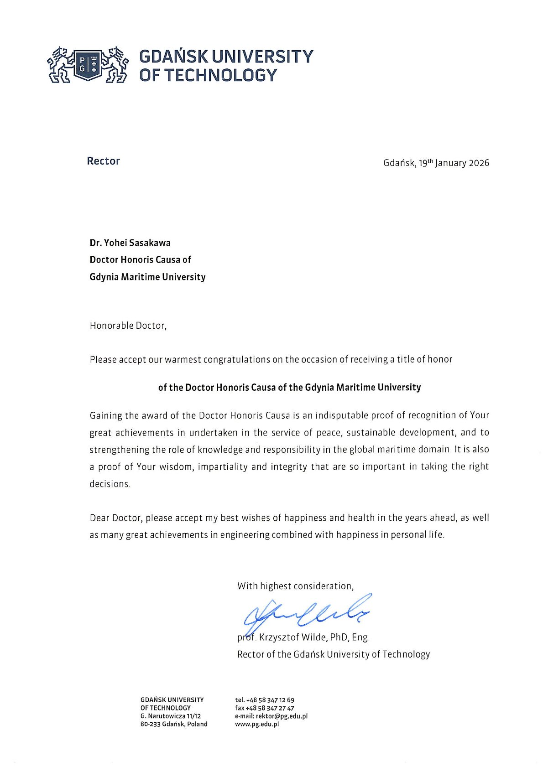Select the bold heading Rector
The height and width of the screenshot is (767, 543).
click(103, 161)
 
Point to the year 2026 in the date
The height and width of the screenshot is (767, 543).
click(479, 163)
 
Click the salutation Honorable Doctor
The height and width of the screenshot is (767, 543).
click(128, 326)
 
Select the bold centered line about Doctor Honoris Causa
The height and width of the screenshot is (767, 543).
click(289, 388)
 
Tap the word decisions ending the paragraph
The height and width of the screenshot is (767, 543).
click(110, 484)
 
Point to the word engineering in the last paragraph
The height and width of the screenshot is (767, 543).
click(245, 535)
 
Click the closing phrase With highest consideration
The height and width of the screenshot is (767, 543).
click(295, 586)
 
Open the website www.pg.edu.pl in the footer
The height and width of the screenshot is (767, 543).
click(257, 724)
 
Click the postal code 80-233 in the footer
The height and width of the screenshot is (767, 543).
click(150, 724)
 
